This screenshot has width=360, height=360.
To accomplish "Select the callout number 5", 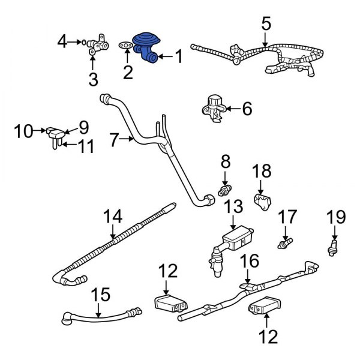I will click(266, 25).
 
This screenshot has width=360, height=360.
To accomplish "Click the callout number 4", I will click(63, 42).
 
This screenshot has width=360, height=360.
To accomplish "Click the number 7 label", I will click(115, 140).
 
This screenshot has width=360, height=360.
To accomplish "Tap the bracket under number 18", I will click(262, 201).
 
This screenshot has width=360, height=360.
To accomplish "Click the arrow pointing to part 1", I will click(165, 57).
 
